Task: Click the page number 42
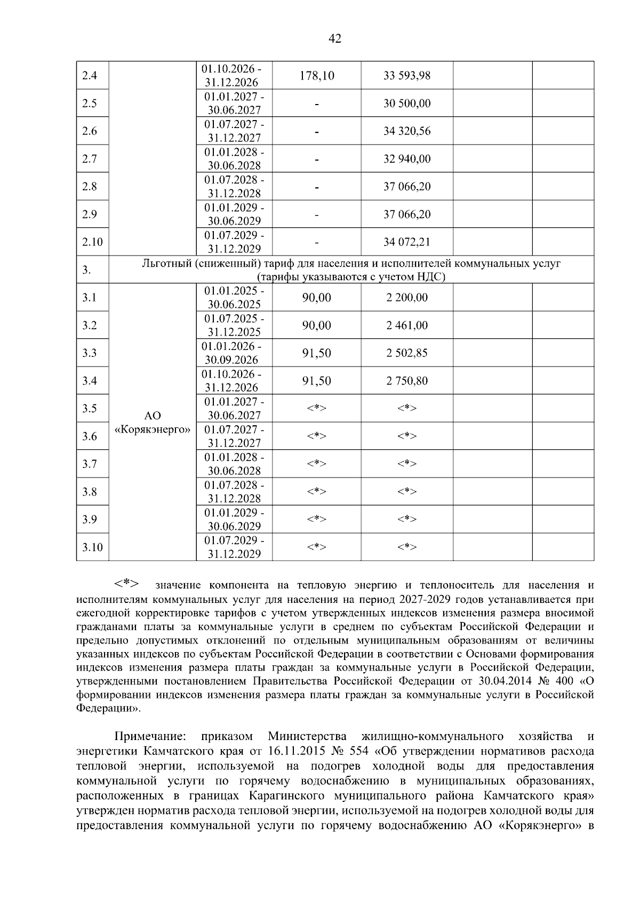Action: (335, 38)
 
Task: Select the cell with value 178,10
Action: (317, 76)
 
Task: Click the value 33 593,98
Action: (407, 76)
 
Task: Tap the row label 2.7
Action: (90, 159)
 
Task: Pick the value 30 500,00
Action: (407, 104)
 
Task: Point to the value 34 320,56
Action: (407, 131)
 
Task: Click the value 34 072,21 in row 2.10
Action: (407, 242)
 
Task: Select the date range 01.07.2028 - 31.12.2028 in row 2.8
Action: (234, 187)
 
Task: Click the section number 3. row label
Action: (86, 270)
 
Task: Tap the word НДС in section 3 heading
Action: (429, 277)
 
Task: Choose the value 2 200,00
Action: (407, 298)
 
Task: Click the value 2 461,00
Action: (407, 325)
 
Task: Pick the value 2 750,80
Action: (407, 381)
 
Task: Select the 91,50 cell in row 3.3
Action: (317, 353)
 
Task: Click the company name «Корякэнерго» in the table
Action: (153, 429)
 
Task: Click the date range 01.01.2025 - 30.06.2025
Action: (234, 298)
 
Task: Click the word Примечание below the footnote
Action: (150, 737)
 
